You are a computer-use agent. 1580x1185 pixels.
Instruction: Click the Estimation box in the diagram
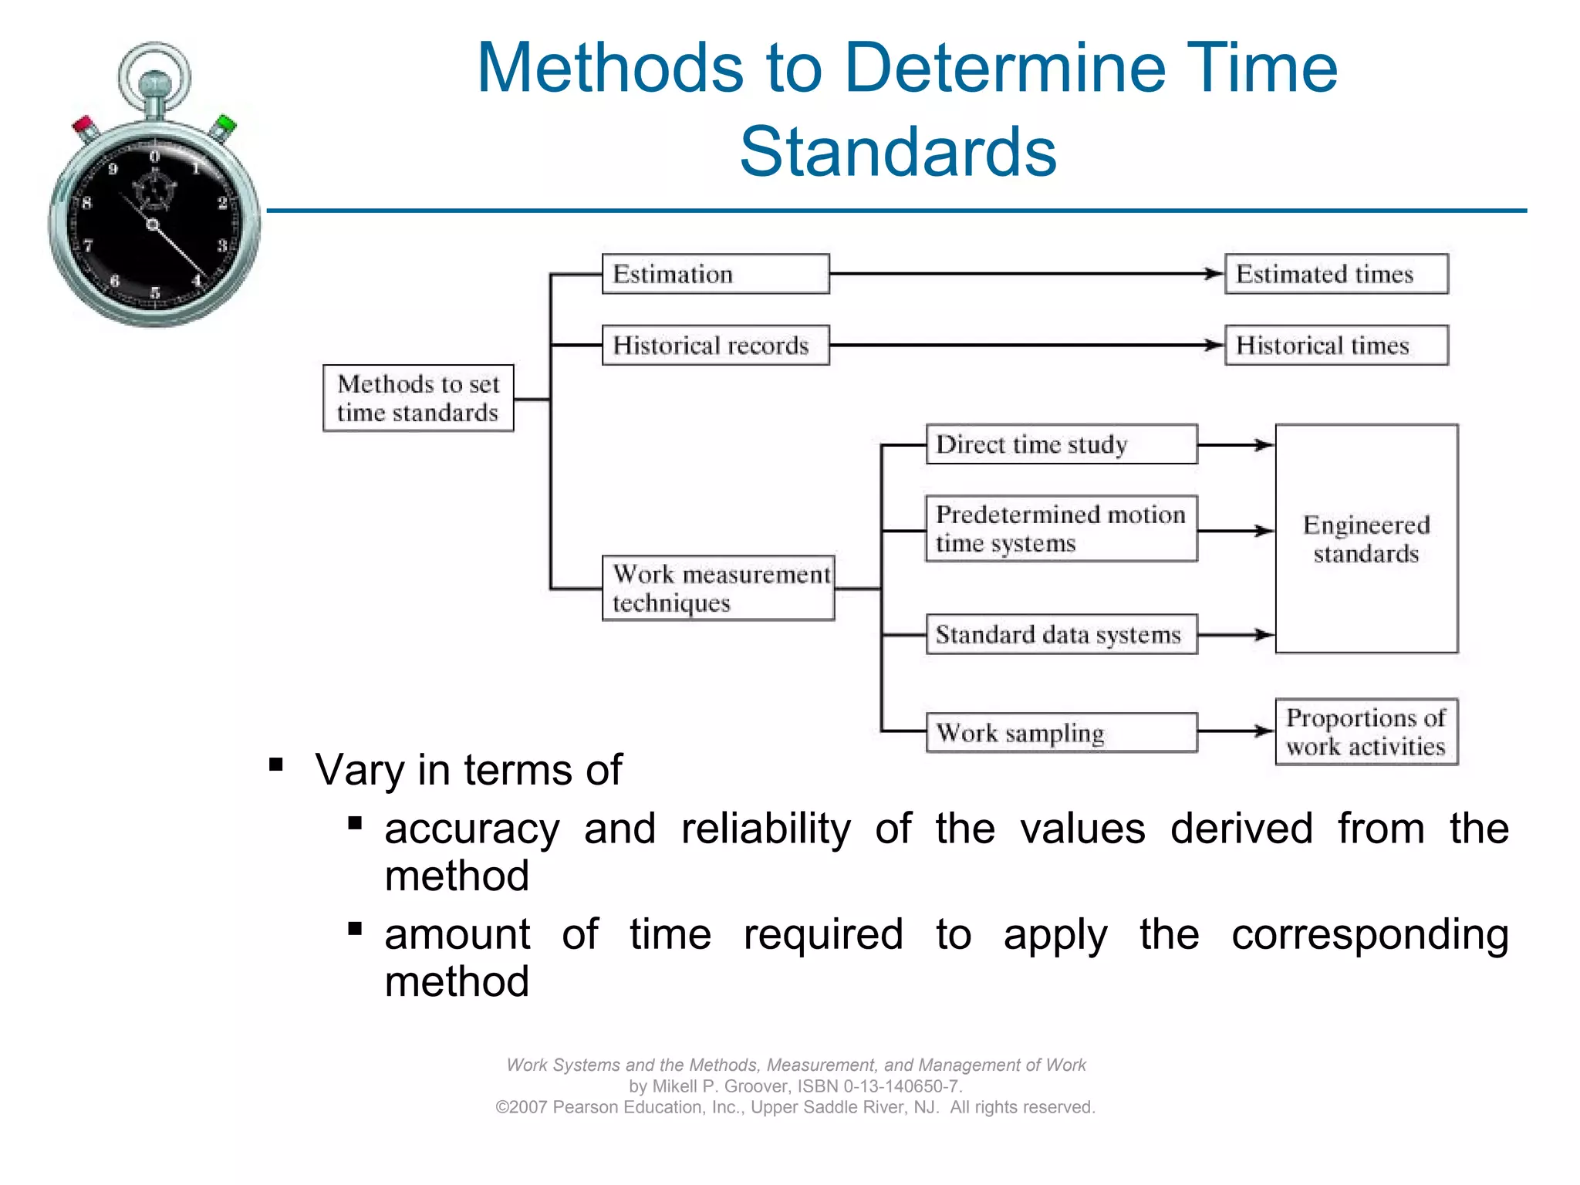715,274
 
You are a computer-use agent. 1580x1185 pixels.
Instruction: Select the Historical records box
715,345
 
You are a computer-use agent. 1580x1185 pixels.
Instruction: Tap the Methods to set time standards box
418,398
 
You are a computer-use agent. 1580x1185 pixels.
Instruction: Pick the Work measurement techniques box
718,588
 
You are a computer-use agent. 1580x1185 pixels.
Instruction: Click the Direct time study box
1062,444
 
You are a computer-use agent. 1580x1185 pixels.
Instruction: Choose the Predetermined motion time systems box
1062,528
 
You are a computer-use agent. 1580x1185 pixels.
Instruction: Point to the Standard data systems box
1062,634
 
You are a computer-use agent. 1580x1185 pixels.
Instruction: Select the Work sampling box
1062,732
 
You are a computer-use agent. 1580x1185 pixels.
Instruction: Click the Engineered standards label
1366,539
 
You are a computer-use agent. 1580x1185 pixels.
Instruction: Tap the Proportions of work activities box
1366,731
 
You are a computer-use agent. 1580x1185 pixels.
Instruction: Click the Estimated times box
1336,274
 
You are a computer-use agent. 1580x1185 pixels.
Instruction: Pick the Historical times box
1336,345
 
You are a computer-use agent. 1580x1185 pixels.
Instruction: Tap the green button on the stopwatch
226,123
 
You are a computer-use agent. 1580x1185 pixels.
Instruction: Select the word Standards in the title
897,152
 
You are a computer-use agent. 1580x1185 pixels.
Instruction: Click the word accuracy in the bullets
472,830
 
